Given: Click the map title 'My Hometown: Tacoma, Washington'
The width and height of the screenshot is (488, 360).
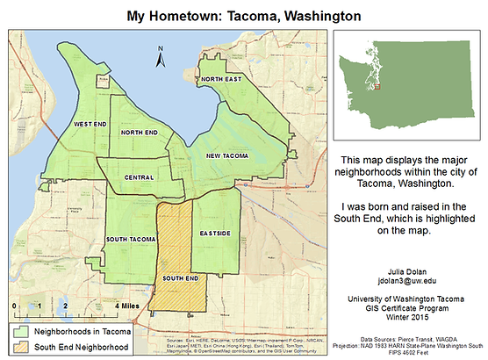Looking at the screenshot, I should pos(244,15).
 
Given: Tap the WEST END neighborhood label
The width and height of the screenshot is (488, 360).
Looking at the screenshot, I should pos(90,125).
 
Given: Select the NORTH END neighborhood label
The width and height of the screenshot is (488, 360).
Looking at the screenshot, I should pos(139,133).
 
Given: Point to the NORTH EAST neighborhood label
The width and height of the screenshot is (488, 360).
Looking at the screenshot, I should pos(219,79).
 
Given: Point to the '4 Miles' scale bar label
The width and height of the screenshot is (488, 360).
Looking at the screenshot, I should pos(128,306).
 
